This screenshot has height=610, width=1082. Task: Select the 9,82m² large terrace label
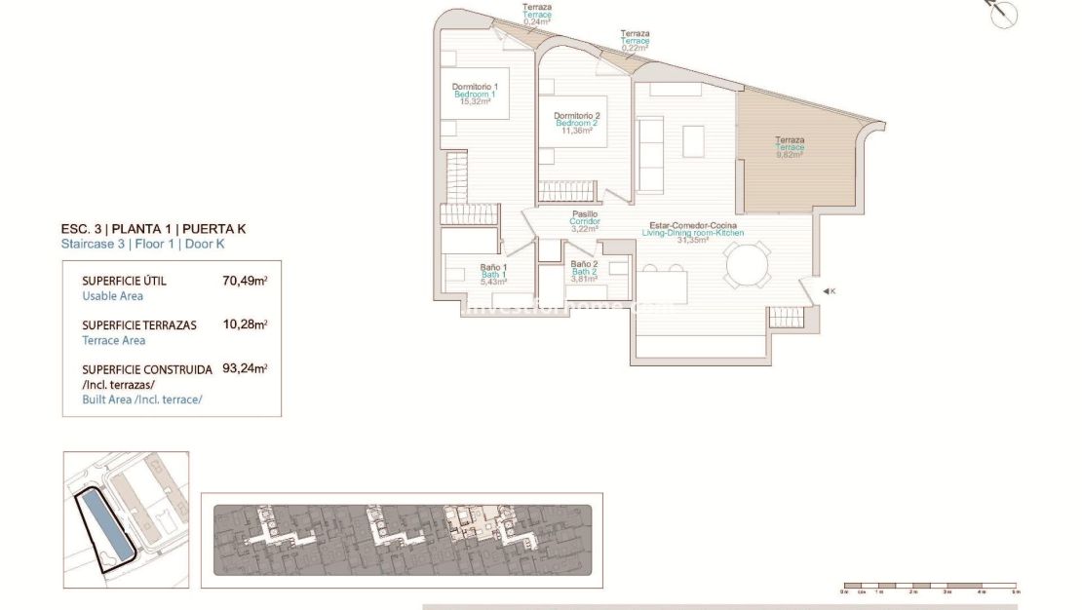(790, 146)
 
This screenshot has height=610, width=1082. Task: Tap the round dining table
(747, 265)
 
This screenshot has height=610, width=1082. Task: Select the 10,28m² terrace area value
(245, 324)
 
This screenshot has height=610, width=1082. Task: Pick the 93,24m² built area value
(245, 369)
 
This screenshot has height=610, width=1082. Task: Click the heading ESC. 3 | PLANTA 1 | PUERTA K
(153, 229)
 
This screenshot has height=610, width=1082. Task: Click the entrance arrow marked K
(828, 291)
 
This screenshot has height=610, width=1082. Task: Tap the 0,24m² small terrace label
(537, 15)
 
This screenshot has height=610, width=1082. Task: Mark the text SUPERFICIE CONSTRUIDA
(147, 369)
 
